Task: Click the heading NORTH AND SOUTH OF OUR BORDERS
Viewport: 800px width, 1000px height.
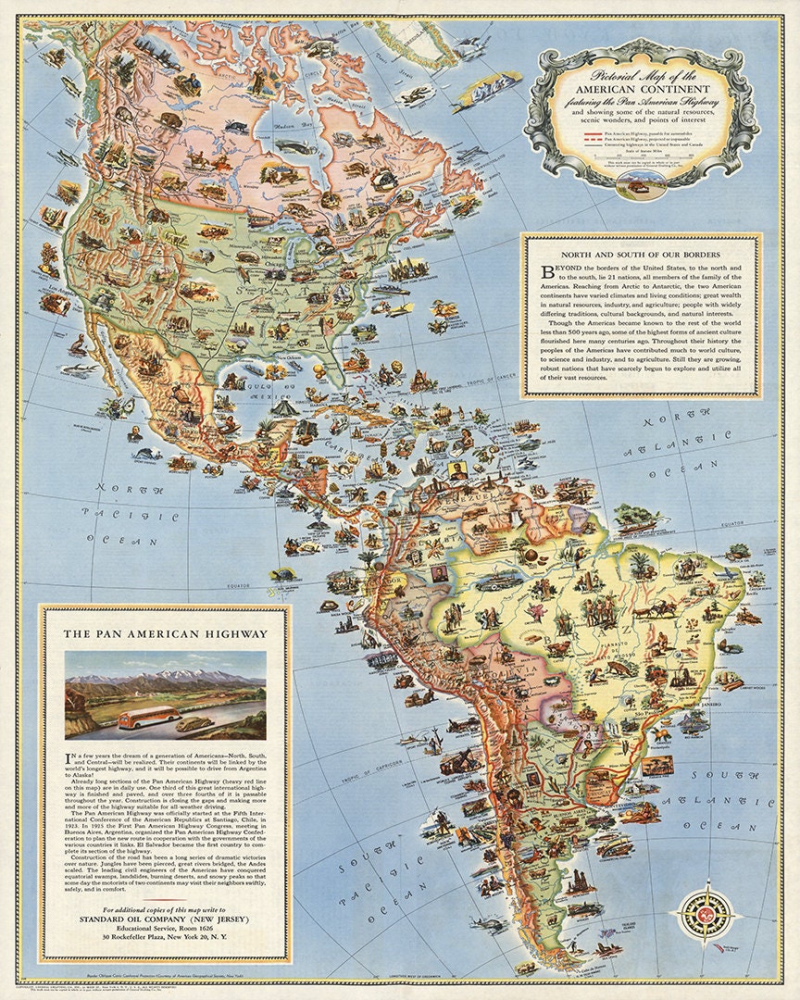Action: [x=641, y=255]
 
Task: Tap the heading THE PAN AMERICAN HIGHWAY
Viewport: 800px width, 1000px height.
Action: [x=165, y=634]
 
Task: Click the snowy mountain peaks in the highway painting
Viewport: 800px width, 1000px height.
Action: [x=167, y=679]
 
